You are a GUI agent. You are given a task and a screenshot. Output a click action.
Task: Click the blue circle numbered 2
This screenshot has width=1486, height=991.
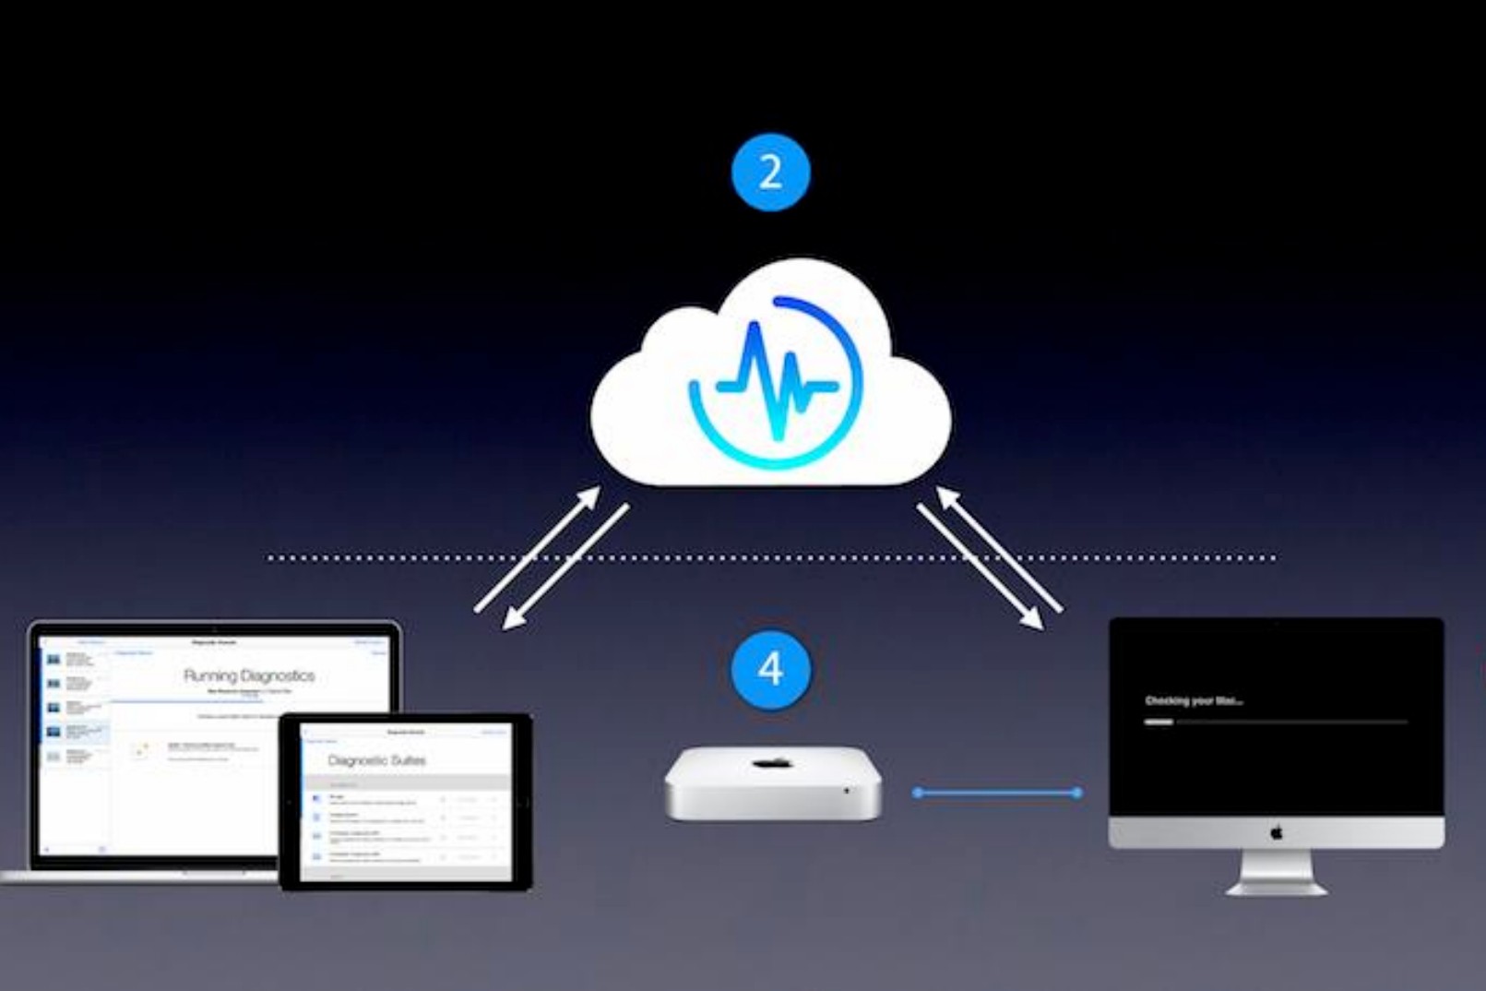coord(770,173)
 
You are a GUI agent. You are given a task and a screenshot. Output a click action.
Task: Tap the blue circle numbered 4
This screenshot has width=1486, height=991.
coord(770,669)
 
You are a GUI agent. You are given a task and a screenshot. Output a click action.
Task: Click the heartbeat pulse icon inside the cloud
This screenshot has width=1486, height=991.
coord(776,379)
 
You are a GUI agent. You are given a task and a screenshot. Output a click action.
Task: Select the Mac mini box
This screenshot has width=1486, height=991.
coord(773,783)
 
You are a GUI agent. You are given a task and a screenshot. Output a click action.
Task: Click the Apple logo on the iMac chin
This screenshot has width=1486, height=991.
coord(1277,833)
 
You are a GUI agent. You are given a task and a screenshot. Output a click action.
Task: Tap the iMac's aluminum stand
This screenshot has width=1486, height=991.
coord(1277,872)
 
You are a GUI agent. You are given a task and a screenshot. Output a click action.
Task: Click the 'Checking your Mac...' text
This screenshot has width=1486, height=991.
coord(1194,701)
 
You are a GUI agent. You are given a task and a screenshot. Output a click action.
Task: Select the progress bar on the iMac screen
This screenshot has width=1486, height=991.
coord(1276,722)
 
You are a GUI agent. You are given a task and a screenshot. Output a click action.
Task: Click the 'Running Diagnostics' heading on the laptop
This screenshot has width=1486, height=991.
coord(249,675)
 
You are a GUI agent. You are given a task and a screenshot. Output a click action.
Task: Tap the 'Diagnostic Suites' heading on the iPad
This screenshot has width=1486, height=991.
coord(377,761)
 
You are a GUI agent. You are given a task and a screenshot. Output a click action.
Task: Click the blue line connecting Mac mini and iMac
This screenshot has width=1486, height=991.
coord(997,793)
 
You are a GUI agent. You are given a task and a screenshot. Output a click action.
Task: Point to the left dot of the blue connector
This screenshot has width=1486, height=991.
coord(918,793)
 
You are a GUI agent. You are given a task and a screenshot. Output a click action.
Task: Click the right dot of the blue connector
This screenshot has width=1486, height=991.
coord(1077,793)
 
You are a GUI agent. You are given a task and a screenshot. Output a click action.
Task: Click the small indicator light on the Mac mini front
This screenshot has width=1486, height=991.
coord(847,791)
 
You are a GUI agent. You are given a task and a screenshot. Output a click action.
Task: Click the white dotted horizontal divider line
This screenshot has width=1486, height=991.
coord(770,557)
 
